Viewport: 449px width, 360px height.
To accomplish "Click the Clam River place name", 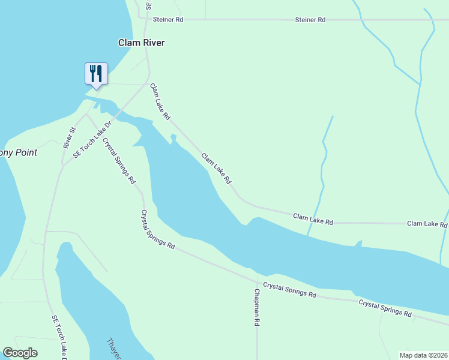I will coord(141,43).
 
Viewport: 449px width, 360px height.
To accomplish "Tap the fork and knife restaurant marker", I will coord(96,74).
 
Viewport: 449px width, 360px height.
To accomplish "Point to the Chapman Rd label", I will coord(257,307).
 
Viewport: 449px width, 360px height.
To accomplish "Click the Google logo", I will coord(20,353).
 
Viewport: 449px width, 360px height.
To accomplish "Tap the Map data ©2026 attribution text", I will coord(423,355).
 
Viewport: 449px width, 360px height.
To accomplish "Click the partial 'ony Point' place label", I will coord(18,153).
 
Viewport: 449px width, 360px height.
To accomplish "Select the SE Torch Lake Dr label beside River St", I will coord(93,139).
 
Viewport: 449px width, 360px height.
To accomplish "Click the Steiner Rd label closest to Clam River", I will coord(167,20).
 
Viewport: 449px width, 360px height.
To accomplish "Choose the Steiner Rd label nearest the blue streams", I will coord(310,20).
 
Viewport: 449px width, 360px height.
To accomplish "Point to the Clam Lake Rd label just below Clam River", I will coord(160,101).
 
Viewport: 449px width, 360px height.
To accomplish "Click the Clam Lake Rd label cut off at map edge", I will coord(427,224).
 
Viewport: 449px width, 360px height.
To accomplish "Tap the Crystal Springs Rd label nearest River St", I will coord(119,161).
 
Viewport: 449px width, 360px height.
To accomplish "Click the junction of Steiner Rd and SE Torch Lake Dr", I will coord(146,20).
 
